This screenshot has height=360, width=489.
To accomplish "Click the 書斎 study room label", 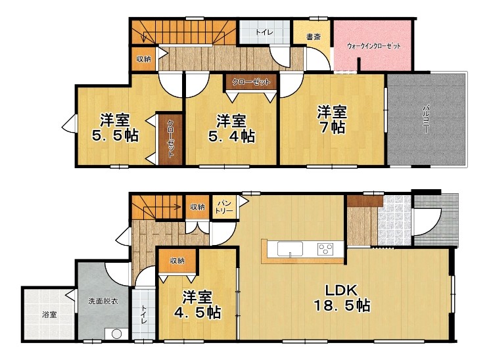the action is (x=313, y=37).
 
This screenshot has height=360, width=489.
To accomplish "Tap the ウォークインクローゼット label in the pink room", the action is (x=373, y=46).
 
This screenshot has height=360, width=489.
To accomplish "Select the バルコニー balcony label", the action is (x=426, y=120).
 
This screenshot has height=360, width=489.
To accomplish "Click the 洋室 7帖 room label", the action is (x=332, y=120).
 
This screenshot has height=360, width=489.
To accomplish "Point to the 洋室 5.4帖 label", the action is (x=231, y=128).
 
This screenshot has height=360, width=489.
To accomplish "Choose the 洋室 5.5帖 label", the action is (x=115, y=127).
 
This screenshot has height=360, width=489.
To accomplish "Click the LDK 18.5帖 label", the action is (x=342, y=298).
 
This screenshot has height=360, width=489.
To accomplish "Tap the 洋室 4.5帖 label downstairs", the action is (x=197, y=305).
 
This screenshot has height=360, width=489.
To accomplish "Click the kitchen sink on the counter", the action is (x=290, y=249).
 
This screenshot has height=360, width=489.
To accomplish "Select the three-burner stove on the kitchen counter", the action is (x=325, y=249).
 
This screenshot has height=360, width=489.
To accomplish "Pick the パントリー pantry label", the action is (x=224, y=207).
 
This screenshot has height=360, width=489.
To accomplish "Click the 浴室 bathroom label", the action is (x=49, y=315).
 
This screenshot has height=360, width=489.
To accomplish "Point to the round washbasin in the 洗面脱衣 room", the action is (x=116, y=334).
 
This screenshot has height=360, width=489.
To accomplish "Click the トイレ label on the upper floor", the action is (x=264, y=32).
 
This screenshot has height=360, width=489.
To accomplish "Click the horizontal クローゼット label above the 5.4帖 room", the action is (x=251, y=82).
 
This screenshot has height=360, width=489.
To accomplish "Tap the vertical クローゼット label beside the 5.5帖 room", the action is (x=171, y=139).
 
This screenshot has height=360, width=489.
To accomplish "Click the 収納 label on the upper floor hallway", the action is (x=143, y=58).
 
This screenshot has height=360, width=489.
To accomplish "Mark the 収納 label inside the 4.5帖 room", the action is (x=177, y=261).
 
